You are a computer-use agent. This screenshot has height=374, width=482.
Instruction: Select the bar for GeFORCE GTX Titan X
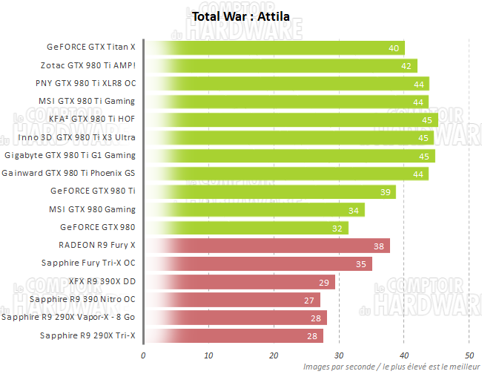pyautogui.click(x=274, y=48)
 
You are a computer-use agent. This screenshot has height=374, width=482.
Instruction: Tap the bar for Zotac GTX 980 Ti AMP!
pyautogui.click(x=280, y=66)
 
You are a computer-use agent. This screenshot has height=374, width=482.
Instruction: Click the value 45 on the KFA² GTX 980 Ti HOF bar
pyautogui.click(x=426, y=119)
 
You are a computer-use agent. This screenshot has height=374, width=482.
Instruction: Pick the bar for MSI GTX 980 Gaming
pyautogui.click(x=254, y=210)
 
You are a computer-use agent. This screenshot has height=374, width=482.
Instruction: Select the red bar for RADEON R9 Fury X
pyautogui.click(x=266, y=246)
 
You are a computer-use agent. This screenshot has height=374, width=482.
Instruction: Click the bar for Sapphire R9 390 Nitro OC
pyautogui.click(x=231, y=300)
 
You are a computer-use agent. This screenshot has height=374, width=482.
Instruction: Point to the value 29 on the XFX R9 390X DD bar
pyautogui.click(x=323, y=282)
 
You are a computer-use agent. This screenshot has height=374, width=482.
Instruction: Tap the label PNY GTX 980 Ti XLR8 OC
pyautogui.click(x=86, y=84)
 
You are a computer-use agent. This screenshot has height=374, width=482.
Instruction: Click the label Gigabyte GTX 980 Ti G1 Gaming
pyautogui.click(x=70, y=156)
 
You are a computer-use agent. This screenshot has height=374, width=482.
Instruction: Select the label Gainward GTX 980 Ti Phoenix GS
pyautogui.click(x=69, y=174)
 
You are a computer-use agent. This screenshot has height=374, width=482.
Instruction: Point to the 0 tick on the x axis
pyautogui.click(x=143, y=355)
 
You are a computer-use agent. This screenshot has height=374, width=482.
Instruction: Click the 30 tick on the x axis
pyautogui.click(x=339, y=355)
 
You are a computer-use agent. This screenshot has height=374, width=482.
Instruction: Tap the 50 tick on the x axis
pyautogui.click(x=469, y=355)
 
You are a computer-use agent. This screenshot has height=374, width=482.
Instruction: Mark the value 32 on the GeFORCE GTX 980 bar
pyautogui.click(x=337, y=228)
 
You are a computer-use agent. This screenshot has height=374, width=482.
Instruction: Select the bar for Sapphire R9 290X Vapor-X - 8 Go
pyautogui.click(x=234, y=318)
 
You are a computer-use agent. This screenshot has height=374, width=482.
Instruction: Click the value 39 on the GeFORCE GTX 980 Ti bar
pyautogui.click(x=385, y=191)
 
